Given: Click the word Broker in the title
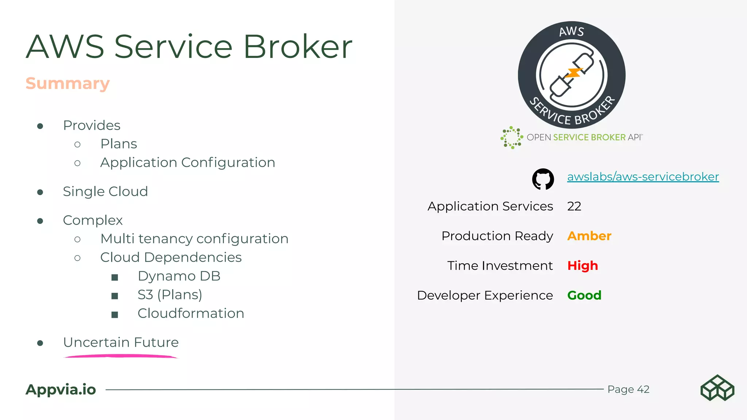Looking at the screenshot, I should (x=297, y=47).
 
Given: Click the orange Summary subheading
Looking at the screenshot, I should (x=67, y=83).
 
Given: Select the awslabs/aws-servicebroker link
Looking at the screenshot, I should (x=643, y=176).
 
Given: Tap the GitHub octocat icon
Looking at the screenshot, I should (x=543, y=179).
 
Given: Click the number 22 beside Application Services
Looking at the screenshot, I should (x=574, y=206).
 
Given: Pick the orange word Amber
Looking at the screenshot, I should (x=589, y=236).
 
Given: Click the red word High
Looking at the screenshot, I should (x=582, y=265).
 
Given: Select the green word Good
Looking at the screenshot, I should (x=584, y=295).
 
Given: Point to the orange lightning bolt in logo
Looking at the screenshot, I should (x=573, y=73).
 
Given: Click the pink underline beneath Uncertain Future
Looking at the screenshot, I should (x=120, y=356).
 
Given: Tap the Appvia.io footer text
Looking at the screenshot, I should (x=61, y=389).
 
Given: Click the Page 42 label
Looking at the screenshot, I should (x=628, y=389).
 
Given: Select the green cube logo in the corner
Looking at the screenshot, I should (x=717, y=388).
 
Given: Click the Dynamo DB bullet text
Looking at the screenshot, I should (x=179, y=276).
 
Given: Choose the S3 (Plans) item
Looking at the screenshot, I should (x=170, y=295).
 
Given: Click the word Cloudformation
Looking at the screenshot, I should (x=190, y=314).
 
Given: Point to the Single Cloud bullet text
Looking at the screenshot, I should (x=105, y=191).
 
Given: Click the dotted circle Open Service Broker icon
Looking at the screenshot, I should (x=511, y=137).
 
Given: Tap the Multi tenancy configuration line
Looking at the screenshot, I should (x=194, y=239).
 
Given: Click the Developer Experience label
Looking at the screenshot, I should (x=484, y=295).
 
